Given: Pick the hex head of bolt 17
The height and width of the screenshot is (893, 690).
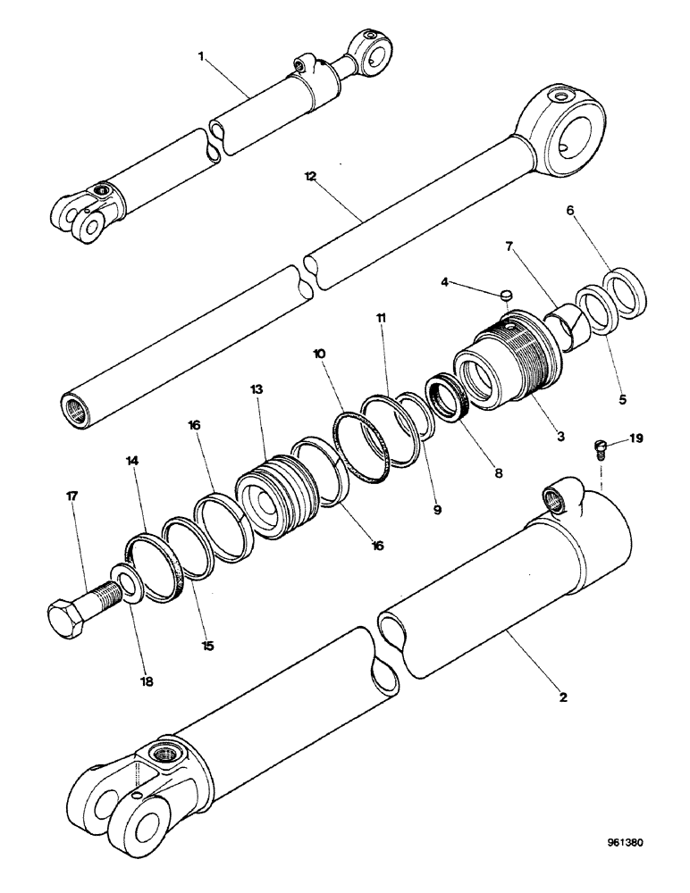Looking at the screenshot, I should pyautogui.click(x=64, y=615).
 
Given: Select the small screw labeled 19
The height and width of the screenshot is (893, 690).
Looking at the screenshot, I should pyautogui.click(x=602, y=446).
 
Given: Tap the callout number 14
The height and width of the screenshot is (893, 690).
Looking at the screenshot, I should pyautogui.click(x=133, y=462).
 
